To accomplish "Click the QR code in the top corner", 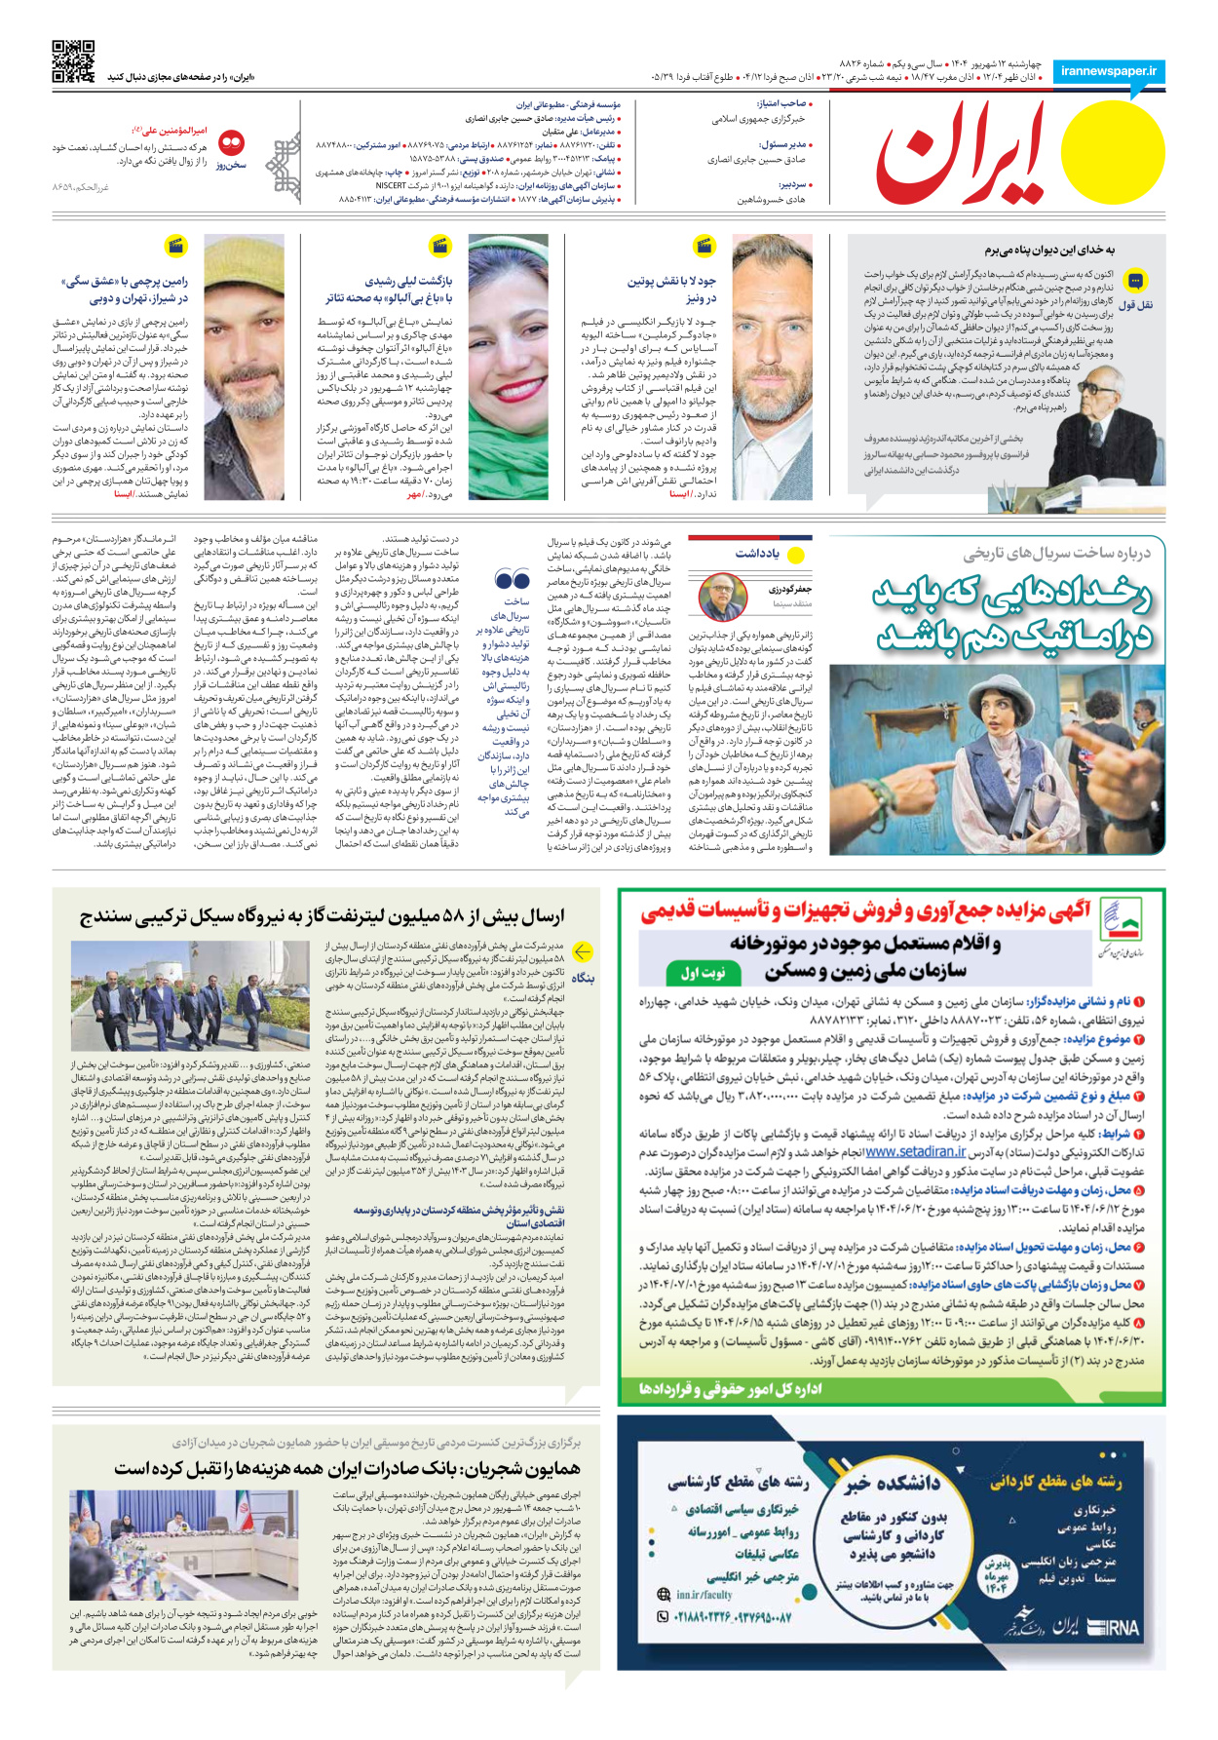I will pyautogui.click(x=73, y=61).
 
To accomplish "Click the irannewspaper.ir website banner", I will pyautogui.click(x=1108, y=72).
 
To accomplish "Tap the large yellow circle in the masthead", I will pyautogui.click(x=1112, y=155).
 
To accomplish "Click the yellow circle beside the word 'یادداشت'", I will pyautogui.click(x=796, y=556).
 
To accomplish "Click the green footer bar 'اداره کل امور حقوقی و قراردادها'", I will pyautogui.click(x=731, y=1388).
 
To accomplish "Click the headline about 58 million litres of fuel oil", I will pyautogui.click(x=322, y=917).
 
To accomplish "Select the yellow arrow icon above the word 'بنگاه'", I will pyautogui.click(x=583, y=951).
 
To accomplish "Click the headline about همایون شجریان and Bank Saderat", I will pyautogui.click(x=347, y=1468).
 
